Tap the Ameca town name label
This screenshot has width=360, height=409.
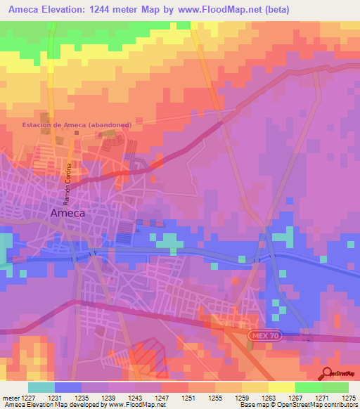pyautogui.click(x=87, y=212)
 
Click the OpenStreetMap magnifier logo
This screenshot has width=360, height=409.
pyautogui.click(x=326, y=373)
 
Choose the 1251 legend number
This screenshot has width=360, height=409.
pyautogui.click(x=188, y=398)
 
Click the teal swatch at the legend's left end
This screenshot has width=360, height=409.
pyautogui.click(x=41, y=387)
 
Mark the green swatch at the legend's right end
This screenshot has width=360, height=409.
pyautogui.click(x=335, y=387)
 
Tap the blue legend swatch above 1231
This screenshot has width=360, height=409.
pyautogui.click(x=68, y=387)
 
